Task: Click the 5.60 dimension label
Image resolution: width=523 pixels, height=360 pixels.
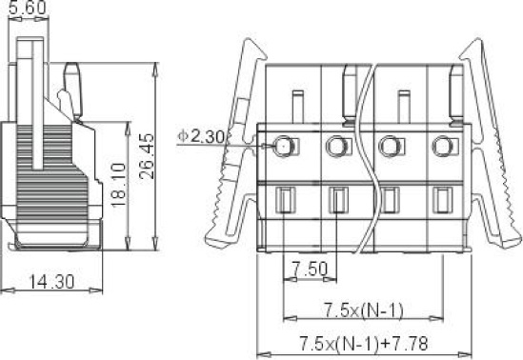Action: pyautogui.click(x=27, y=8)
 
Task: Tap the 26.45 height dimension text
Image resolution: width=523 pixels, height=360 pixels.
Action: pyautogui.click(x=147, y=156)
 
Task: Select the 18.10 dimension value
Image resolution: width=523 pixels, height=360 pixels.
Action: pyautogui.click(x=119, y=185)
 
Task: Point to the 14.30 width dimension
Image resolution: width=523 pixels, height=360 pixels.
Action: pyautogui.click(x=51, y=282)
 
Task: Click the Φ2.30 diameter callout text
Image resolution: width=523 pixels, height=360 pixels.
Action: pyautogui.click(x=201, y=136)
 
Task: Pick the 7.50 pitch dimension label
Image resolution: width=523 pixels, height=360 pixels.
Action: pyautogui.click(x=310, y=269)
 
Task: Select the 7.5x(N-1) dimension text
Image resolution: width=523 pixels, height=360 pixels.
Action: pyautogui.click(x=364, y=310)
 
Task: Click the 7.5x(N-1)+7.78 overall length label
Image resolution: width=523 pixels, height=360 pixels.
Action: pyautogui.click(x=364, y=343)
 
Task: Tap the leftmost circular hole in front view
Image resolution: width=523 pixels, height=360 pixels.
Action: pyautogui.click(x=283, y=146)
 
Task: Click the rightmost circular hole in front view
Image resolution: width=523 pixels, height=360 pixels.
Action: pyautogui.click(x=442, y=146)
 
